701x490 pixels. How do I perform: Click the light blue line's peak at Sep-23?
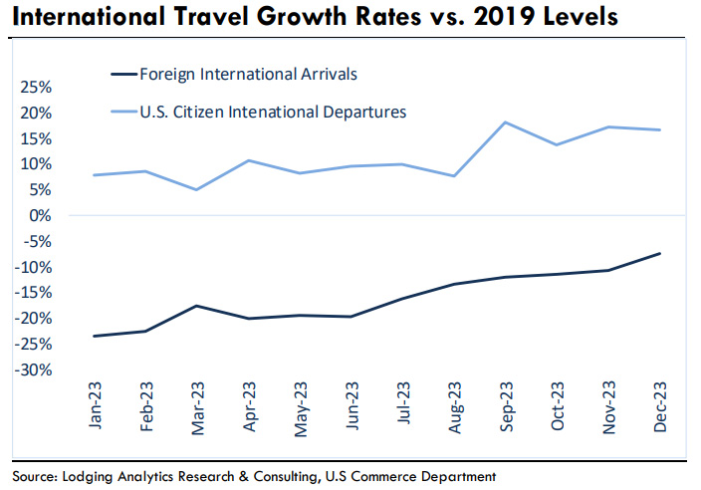coord(506,122)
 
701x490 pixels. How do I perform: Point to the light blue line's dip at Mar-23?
coord(197,189)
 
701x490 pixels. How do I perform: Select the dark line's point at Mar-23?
coord(197,306)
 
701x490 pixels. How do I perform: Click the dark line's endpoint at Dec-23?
coord(659,253)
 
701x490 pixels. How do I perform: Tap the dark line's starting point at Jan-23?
coord(95,336)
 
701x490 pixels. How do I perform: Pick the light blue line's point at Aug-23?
coord(454,176)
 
